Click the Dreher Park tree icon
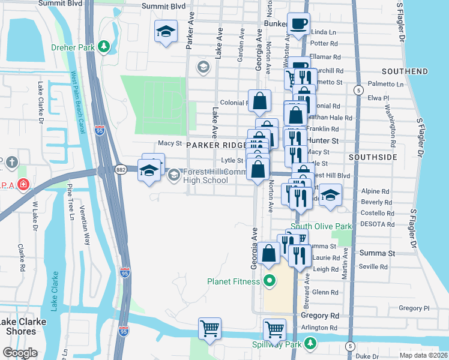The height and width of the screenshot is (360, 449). coord(104,46)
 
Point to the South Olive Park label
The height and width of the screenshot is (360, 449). coord(321,227)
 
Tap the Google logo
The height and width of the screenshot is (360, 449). coord(20,352)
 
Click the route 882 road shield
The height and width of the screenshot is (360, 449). coord(121,170)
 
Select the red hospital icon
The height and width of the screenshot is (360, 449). coord(23,184)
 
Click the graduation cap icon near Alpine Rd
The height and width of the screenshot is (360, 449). coord(330,195)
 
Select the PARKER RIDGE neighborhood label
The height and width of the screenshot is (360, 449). coord(215,145)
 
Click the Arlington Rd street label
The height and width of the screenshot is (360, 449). coord(319,328)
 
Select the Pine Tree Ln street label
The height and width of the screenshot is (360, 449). coord(70,202)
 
